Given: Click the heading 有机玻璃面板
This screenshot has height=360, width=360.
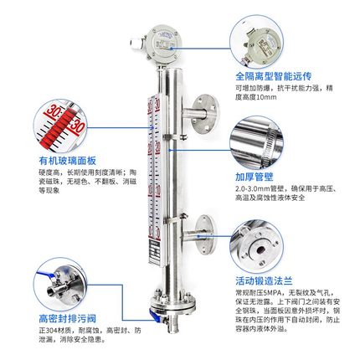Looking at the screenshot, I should point(60,160).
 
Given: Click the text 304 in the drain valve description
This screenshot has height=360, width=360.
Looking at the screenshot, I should point(54,331).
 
